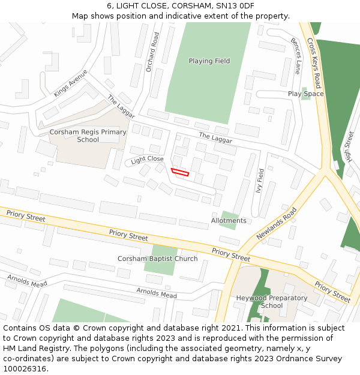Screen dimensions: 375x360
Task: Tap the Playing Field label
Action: click(209, 61)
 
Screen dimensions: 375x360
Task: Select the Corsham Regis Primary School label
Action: click(88, 136)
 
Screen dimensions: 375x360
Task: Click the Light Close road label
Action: click(147, 160)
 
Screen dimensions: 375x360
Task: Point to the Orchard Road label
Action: click(152, 52)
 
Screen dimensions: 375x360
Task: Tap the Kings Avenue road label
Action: click(70, 83)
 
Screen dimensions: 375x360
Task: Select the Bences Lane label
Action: click(295, 56)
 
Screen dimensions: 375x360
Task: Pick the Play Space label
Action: click(305, 94)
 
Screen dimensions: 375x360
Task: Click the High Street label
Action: click(348, 147)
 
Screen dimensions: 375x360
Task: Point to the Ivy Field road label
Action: click(260, 180)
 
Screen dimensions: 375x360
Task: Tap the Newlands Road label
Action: click(277, 224)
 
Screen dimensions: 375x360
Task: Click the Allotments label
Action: click(229, 221)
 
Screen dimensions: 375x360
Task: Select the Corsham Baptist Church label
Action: click(157, 259)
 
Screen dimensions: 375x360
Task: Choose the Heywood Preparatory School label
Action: click(272, 302)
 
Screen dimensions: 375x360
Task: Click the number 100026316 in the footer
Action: click(23, 369)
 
